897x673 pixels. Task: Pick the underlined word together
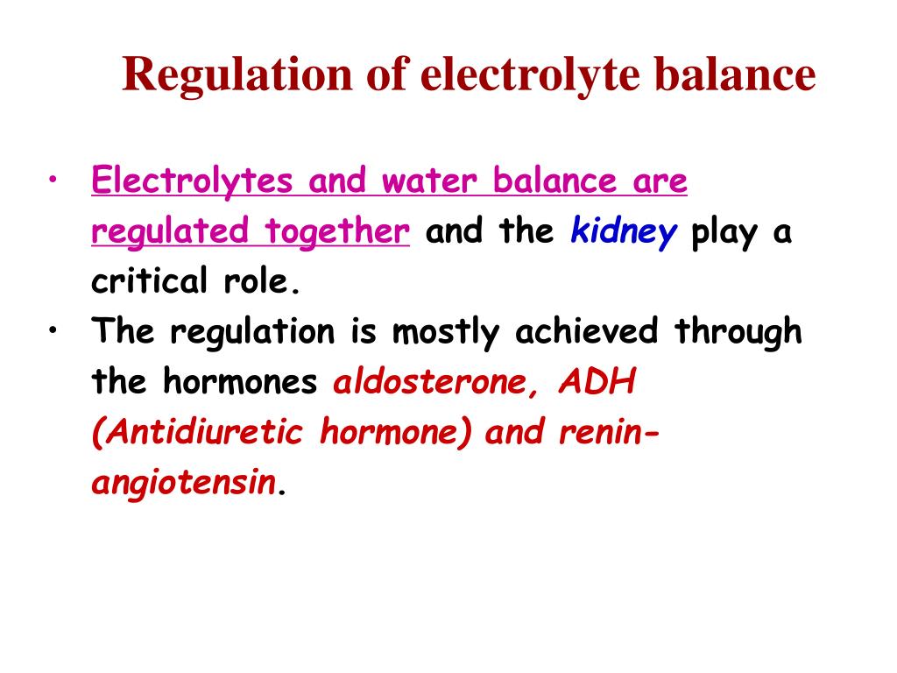pos(338,232)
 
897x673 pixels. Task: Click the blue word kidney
pos(624,232)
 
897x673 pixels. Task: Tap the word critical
pos(144,282)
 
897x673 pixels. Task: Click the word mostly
pos(443,332)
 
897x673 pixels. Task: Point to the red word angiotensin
pos(183,484)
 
